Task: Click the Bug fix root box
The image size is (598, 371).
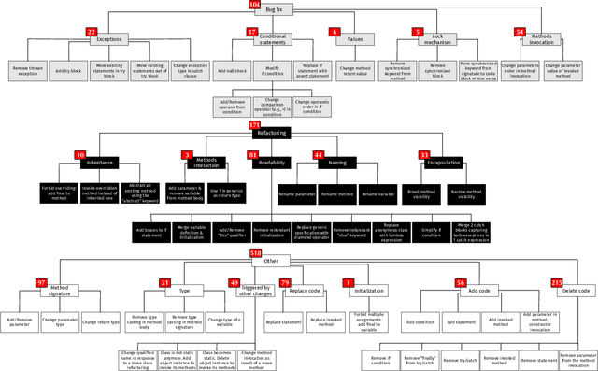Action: (273, 7)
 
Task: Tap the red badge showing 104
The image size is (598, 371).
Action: (254, 5)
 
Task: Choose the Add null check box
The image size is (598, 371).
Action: (230, 71)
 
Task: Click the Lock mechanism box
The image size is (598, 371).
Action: (444, 40)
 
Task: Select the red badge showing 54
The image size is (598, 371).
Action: (520, 32)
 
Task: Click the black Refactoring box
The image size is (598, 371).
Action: (278, 134)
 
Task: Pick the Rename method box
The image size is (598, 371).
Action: (335, 193)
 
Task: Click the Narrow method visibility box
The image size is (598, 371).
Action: (472, 193)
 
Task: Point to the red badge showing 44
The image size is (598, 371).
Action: (318, 155)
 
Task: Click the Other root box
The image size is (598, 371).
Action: (272, 261)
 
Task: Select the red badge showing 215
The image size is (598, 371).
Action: (557, 282)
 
